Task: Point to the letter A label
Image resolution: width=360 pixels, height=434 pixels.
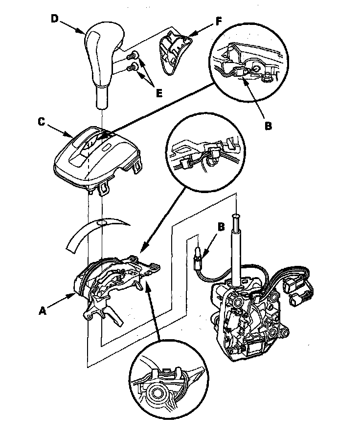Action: coord(44,310)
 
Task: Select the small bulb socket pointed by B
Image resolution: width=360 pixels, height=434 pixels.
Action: coord(197,255)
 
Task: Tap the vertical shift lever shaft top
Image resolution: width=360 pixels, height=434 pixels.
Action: coord(235,220)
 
